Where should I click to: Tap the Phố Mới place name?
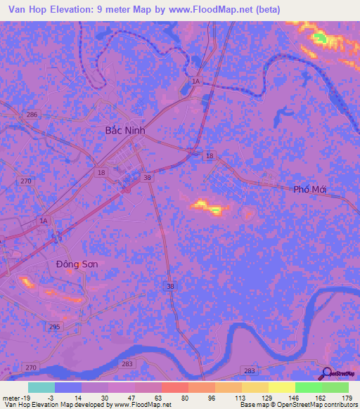click(311, 190)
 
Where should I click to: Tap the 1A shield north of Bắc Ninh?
click(196, 82)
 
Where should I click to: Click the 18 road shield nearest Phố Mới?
click(210, 155)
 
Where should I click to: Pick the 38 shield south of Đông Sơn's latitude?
click(170, 287)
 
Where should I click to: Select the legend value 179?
click(345, 397)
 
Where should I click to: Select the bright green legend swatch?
click(309, 387)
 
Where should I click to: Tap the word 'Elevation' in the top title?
click(74, 10)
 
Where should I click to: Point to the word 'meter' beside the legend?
click(9, 397)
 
